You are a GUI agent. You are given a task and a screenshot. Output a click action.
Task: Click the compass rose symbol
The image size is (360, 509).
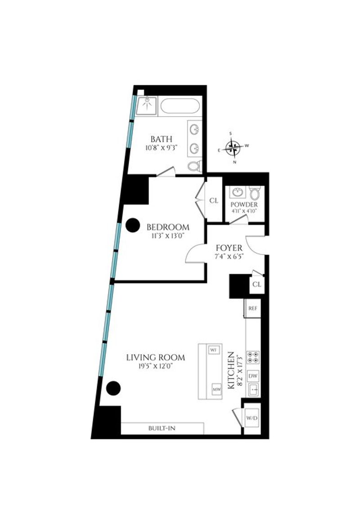233,148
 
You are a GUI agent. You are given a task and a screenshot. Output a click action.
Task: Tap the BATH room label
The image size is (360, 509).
162,139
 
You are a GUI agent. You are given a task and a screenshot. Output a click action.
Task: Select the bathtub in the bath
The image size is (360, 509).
180,106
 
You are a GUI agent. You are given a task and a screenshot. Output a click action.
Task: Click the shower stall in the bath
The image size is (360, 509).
147,105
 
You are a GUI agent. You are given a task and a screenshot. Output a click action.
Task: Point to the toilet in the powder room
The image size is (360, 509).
255,193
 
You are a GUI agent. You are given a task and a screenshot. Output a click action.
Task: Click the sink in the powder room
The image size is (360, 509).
238,192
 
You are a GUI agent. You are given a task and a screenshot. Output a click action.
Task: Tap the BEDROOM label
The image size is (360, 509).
168,227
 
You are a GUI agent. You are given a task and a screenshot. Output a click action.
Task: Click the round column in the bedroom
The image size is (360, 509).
132,225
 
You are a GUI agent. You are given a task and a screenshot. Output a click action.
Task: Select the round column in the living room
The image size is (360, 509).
113,388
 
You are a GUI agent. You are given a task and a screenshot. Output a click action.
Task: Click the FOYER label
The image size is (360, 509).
229,248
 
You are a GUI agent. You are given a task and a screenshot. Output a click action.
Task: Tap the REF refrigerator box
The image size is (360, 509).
252,308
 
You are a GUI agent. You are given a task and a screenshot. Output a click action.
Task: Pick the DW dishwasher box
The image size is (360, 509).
253,376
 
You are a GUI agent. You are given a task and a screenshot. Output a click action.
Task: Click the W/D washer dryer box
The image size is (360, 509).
252,418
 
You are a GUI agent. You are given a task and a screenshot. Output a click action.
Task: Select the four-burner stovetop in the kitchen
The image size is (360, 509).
253,357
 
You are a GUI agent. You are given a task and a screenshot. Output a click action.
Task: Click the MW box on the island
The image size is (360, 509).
216,389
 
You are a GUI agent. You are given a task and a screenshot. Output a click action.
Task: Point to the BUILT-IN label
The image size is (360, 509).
162,428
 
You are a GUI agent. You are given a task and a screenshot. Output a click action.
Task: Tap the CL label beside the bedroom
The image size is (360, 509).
214,201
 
